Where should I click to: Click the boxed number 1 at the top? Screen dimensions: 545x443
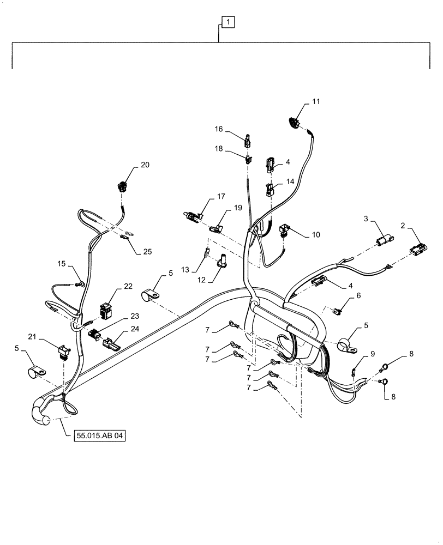[228, 22]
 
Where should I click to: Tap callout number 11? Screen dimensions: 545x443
[316, 101]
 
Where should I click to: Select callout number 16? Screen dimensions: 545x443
[218, 129]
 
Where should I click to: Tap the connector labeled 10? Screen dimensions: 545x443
[285, 231]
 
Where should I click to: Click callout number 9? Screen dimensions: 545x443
[373, 354]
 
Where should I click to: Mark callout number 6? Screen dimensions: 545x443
[358, 295]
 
